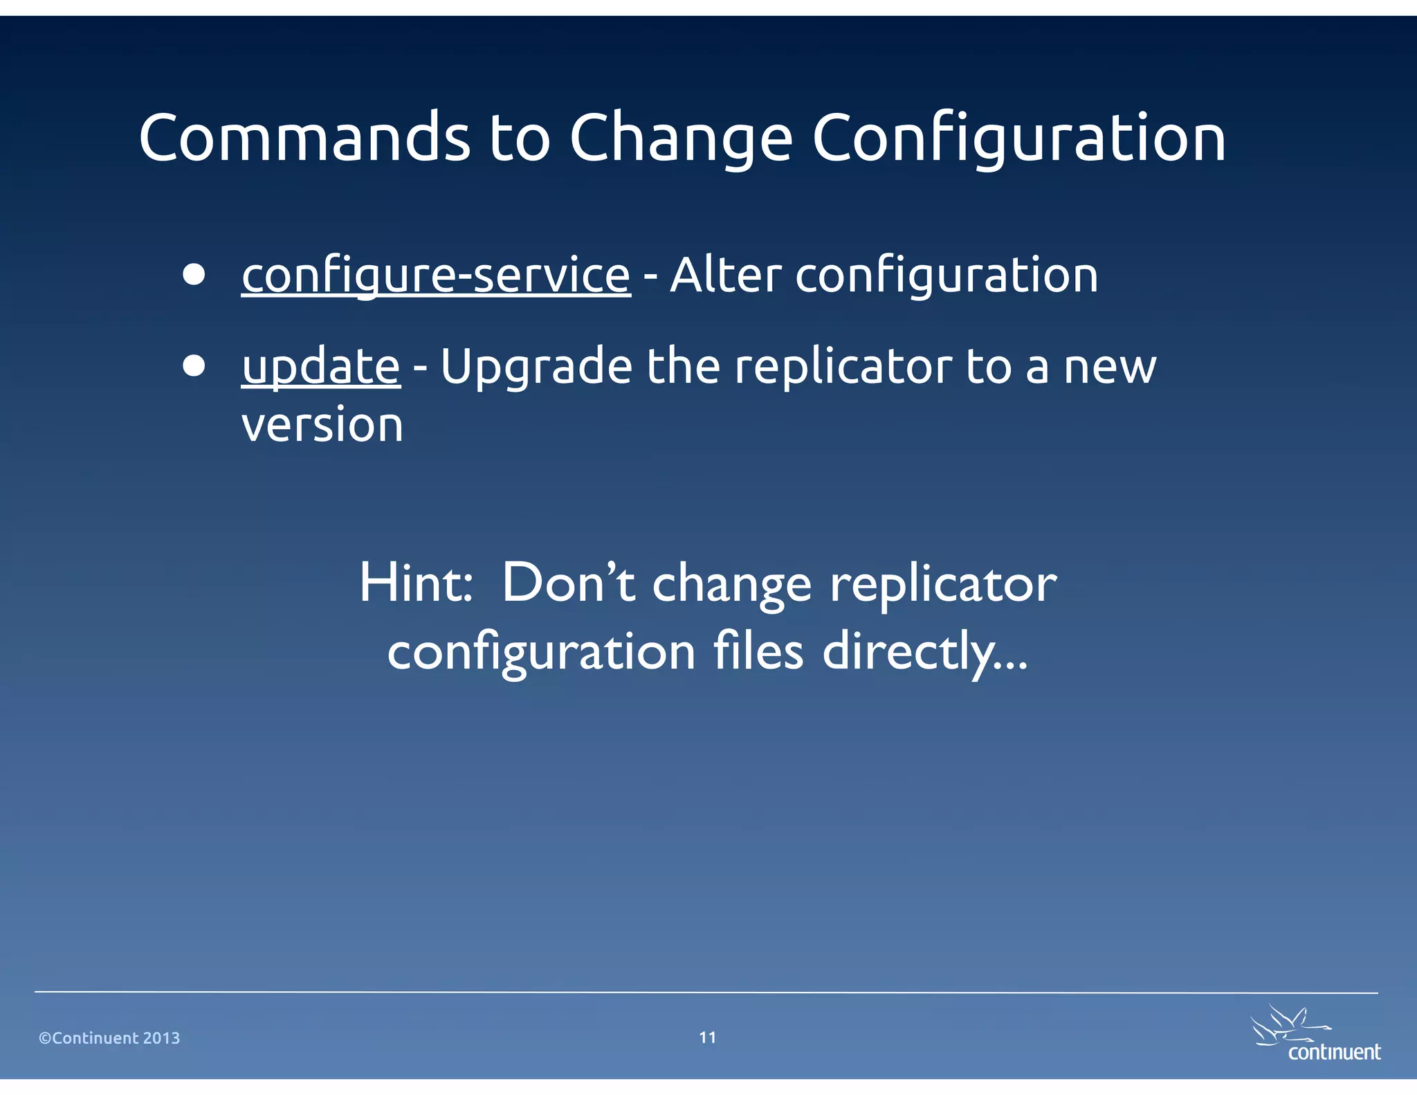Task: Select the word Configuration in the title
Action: pos(1018,138)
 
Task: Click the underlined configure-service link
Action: pos(436,275)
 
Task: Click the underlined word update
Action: pos(320,367)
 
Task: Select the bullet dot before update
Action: pos(194,365)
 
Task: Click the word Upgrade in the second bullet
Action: pos(536,367)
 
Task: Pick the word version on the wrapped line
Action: pos(322,425)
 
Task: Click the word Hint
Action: pos(415,583)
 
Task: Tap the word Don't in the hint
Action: pos(567,583)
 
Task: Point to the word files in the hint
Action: pos(758,651)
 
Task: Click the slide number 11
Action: pos(707,1038)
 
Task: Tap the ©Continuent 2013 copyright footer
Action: pos(109,1038)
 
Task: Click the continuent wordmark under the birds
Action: pos(1334,1052)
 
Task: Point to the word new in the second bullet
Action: pos(1110,367)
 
